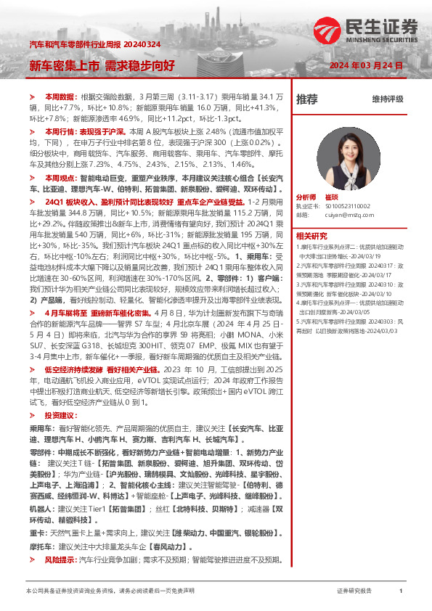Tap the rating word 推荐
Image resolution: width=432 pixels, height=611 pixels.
[307, 99]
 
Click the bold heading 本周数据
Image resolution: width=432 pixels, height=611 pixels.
[60, 97]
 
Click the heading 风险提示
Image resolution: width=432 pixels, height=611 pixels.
[60, 560]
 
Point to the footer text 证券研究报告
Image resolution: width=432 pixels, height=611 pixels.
[354, 591]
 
